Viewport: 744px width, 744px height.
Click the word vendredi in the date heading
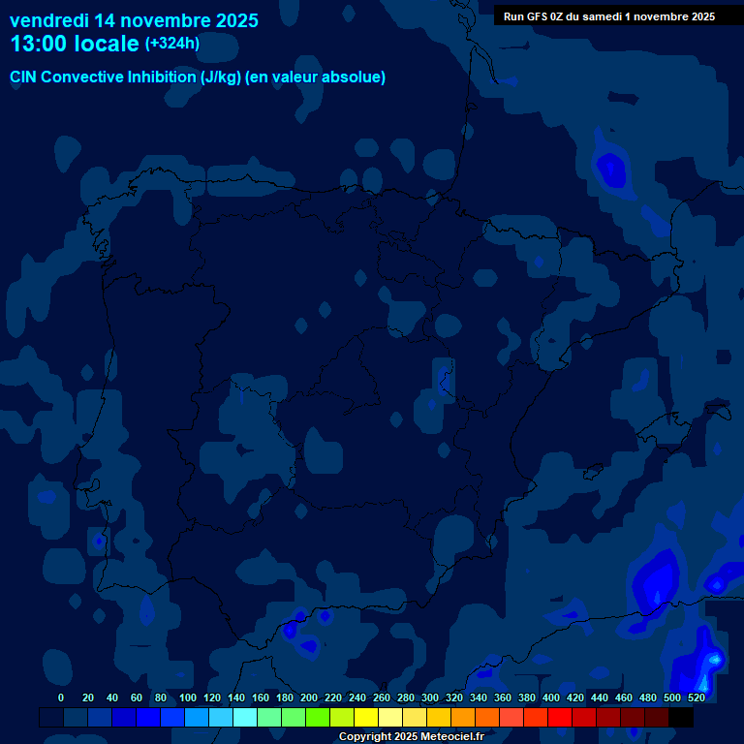[x=49, y=20]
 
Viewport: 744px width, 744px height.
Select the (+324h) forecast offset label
[x=171, y=44]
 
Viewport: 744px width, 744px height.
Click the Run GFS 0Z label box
[x=608, y=15]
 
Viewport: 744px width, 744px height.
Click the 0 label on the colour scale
[x=61, y=697]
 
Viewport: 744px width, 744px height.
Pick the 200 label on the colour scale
[x=309, y=697]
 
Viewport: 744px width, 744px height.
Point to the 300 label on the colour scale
[x=430, y=697]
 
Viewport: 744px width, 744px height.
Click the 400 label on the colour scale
[x=551, y=697]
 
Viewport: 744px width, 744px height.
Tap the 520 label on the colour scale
[x=697, y=697]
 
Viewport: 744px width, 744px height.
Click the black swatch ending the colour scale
[x=681, y=718]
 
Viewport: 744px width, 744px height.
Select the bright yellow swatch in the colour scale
[x=366, y=718]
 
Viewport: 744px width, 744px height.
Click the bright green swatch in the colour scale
[x=318, y=718]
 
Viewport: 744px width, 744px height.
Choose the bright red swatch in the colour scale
[x=560, y=718]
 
